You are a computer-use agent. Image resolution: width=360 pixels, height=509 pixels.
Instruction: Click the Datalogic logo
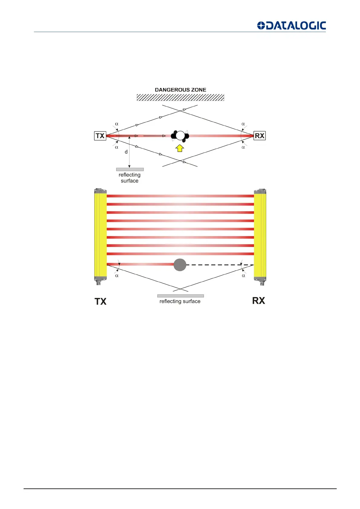[291, 25]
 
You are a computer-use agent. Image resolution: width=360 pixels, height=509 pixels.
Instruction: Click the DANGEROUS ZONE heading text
[180, 90]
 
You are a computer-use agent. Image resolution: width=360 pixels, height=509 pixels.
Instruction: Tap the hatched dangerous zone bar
[180, 97]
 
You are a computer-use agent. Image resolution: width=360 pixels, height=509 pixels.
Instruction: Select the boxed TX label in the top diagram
[100, 136]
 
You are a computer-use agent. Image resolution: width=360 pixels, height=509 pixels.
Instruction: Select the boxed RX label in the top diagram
[260, 136]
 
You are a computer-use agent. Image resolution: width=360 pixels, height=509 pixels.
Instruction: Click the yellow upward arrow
[180, 148]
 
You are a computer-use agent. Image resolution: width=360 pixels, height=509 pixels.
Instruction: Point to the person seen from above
[180, 136]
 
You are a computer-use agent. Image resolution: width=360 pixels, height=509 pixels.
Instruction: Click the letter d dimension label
[126, 152]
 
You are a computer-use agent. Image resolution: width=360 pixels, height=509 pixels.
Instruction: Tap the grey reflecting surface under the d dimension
[130, 170]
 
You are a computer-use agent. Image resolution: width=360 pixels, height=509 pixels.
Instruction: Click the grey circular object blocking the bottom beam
[180, 265]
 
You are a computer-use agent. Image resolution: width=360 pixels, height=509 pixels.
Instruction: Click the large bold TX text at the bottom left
[100, 301]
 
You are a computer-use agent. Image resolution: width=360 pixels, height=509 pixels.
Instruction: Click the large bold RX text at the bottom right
[258, 300]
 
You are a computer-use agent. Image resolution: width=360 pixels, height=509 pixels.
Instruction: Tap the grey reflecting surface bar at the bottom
[180, 296]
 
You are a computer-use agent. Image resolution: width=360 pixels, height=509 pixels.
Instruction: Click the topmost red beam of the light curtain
[180, 196]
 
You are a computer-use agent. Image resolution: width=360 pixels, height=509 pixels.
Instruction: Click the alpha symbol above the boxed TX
[116, 124]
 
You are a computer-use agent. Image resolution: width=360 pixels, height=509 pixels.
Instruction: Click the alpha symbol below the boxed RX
[243, 147]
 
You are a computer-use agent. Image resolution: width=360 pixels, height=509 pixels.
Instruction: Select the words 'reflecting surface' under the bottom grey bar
[180, 301]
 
